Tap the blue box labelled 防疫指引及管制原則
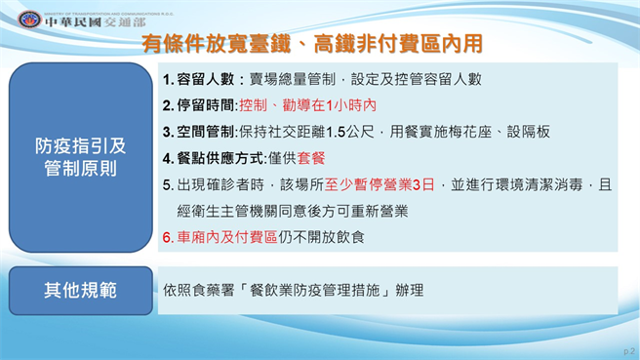tap(81, 157)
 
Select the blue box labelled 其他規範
tap(80, 290)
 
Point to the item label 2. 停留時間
tap(200, 104)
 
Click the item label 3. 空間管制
tap(200, 131)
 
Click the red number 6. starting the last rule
tap(168, 236)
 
